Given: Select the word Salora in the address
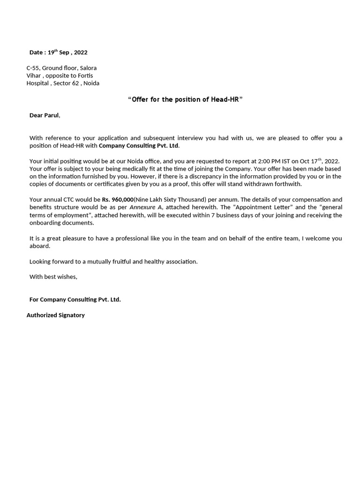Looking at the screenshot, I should pyautogui.click(x=88, y=68).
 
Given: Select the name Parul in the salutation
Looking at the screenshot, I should pyautogui.click(x=52, y=115).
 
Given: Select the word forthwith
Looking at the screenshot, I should pyautogui.click(x=285, y=184).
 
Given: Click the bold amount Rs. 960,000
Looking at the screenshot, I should pyautogui.click(x=118, y=199).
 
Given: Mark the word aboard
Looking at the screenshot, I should pyautogui.click(x=39, y=246).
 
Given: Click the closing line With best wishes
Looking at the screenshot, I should pyautogui.click(x=53, y=277).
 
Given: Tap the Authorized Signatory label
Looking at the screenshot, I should pyautogui.click(x=55, y=315).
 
